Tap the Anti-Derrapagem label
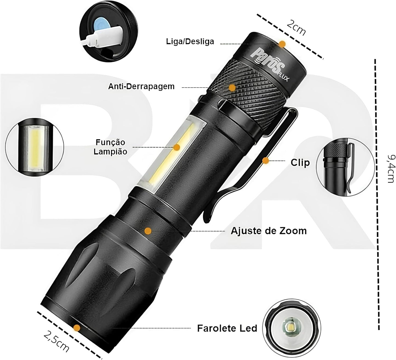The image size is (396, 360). point(141,86)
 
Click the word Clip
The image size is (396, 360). point(300,162)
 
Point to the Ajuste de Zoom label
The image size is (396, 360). point(269,230)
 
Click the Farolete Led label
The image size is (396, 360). point(227,328)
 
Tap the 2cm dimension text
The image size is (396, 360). point(296,27)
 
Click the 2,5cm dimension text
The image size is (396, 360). point(56,342)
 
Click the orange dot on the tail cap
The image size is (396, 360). point(282,44)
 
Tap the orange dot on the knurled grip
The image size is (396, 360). point(232,88)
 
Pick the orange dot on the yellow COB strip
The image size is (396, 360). point(177,147)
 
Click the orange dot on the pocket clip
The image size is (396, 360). point(265,161)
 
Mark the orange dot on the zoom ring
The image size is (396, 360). point(148,231)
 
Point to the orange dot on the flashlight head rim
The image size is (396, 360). point(77,327)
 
